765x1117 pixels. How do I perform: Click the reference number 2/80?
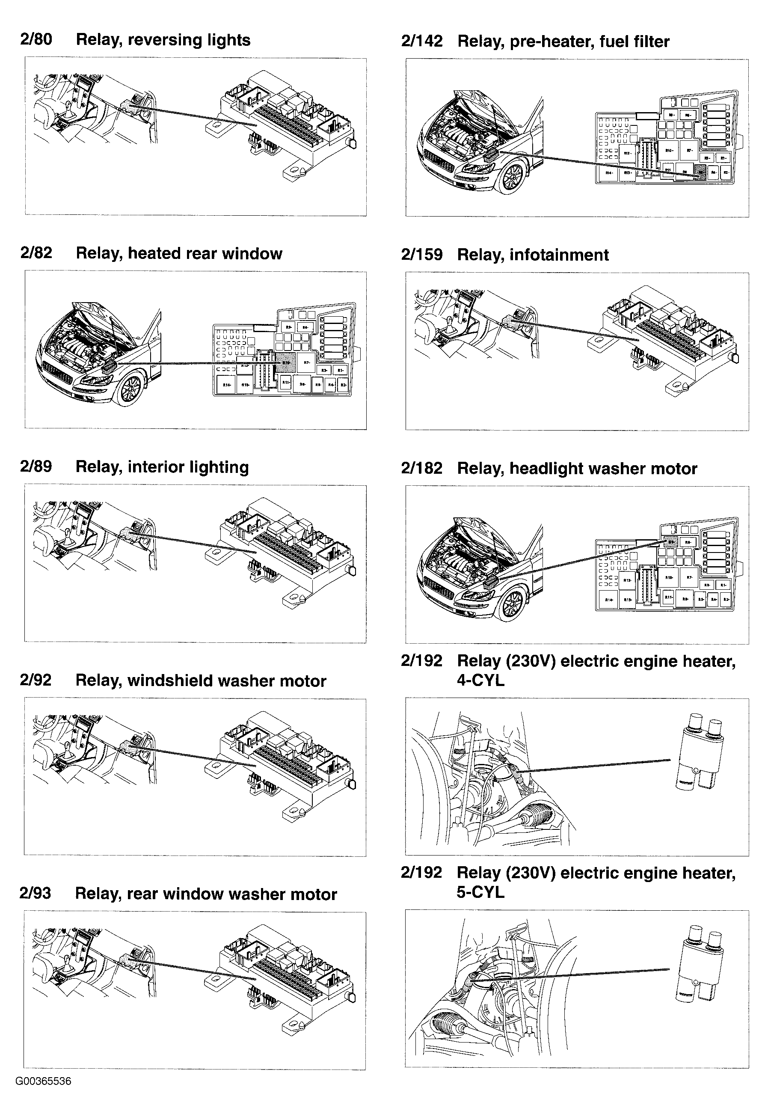coord(36,39)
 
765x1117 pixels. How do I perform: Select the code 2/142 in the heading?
coord(421,42)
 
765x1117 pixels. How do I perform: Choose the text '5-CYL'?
coord(480,892)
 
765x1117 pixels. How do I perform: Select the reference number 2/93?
coord(35,894)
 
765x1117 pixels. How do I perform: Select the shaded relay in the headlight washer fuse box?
coord(671,542)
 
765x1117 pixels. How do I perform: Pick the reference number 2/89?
coord(36,466)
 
